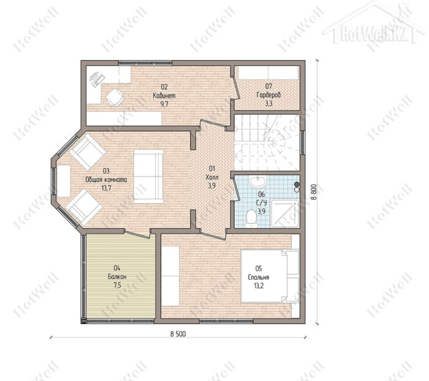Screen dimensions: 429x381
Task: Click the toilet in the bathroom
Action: click(x=251, y=218)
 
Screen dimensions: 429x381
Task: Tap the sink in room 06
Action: click(x=257, y=182)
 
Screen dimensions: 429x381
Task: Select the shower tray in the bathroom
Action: click(x=285, y=214)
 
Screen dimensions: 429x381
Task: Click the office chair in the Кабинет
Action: click(x=115, y=98)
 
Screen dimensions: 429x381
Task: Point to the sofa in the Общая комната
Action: click(x=148, y=177)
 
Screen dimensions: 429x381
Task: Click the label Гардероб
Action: click(x=268, y=95)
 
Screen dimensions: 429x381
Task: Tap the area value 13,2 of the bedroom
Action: click(x=259, y=286)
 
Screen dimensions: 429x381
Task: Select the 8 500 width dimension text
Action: click(x=178, y=334)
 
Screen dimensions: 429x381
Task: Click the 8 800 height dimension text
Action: click(x=314, y=192)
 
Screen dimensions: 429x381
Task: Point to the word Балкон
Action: click(x=117, y=277)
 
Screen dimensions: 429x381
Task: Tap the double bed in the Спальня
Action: click(x=270, y=276)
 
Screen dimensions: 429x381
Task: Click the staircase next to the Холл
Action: click(x=267, y=142)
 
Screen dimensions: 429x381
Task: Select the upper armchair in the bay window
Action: click(x=87, y=152)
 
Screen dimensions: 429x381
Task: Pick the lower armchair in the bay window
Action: click(x=85, y=207)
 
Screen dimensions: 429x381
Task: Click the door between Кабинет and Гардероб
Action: click(x=236, y=88)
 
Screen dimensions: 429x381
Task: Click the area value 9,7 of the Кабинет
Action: click(x=164, y=104)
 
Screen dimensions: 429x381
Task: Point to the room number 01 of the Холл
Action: click(x=212, y=168)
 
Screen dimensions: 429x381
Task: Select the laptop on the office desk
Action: click(x=97, y=79)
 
